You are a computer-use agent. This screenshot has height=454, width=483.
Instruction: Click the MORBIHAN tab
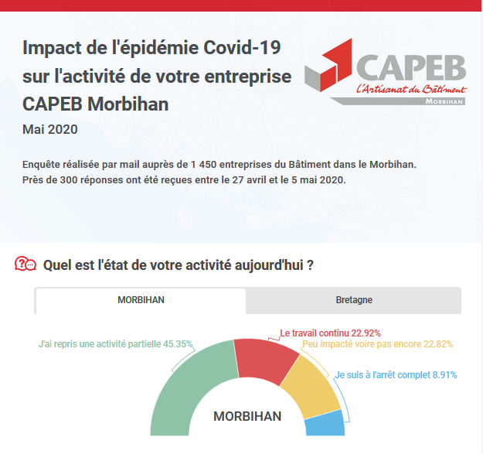point(141,300)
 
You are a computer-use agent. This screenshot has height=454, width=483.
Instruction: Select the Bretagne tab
point(354,300)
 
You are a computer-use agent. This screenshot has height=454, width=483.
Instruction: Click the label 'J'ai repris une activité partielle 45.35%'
point(116,344)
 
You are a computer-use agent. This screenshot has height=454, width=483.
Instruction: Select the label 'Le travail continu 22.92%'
point(330,333)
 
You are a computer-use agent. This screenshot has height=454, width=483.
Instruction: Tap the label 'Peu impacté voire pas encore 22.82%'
point(377,344)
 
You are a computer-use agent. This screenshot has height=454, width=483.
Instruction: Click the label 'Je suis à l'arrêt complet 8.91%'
point(396,375)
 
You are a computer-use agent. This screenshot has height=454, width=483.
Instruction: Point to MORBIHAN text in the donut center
point(247,416)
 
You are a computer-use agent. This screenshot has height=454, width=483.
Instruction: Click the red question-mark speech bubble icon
point(26,265)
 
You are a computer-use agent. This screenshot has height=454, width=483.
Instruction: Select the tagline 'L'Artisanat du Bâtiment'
point(410,90)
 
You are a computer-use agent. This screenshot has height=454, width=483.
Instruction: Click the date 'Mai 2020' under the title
point(50,129)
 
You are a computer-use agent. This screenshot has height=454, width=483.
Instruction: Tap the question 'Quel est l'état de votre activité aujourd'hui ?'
point(178,265)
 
